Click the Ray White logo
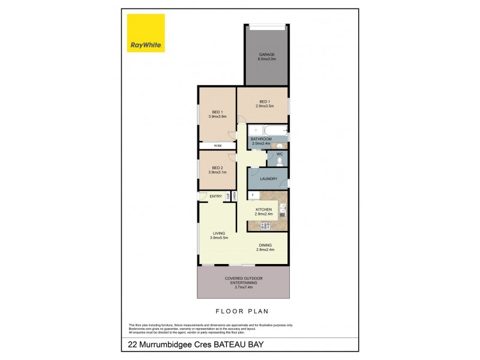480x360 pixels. [x=146, y=33]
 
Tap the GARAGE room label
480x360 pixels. [x=266, y=54]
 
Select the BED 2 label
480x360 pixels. [x=217, y=167]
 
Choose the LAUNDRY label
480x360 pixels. [x=268, y=179]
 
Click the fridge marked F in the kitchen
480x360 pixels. [x=254, y=196]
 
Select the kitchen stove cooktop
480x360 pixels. [x=264, y=225]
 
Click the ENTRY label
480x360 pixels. [x=215, y=196]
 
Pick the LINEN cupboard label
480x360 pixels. [x=235, y=196]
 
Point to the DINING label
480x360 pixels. [x=265, y=245]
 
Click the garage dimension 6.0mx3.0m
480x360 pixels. [x=266, y=59]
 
